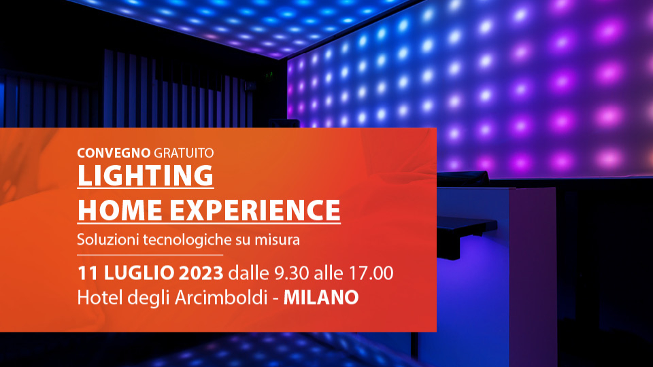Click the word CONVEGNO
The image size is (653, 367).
tap(114, 153)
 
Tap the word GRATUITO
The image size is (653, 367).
tap(184, 153)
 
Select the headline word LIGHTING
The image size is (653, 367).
tap(146, 175)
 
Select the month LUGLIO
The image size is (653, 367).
tap(139, 273)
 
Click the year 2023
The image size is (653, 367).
tap(201, 273)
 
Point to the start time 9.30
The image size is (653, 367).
tap(292, 273)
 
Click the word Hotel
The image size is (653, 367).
tap(100, 298)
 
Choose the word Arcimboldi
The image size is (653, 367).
tap(220, 298)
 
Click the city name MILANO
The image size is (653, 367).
tap(321, 298)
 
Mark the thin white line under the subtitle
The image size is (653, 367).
tap(150, 255)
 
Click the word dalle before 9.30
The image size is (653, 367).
tap(249, 273)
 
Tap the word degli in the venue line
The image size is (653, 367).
tap(148, 298)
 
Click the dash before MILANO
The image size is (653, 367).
tap(275, 299)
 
